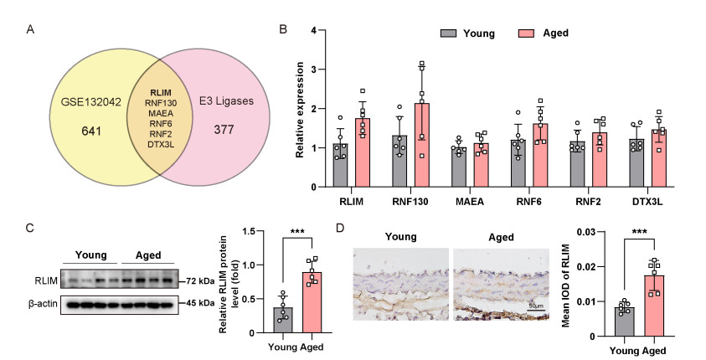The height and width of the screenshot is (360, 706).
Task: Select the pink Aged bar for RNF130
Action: click(x=422, y=146)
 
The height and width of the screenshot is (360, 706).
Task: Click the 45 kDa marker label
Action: click(x=202, y=302)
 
